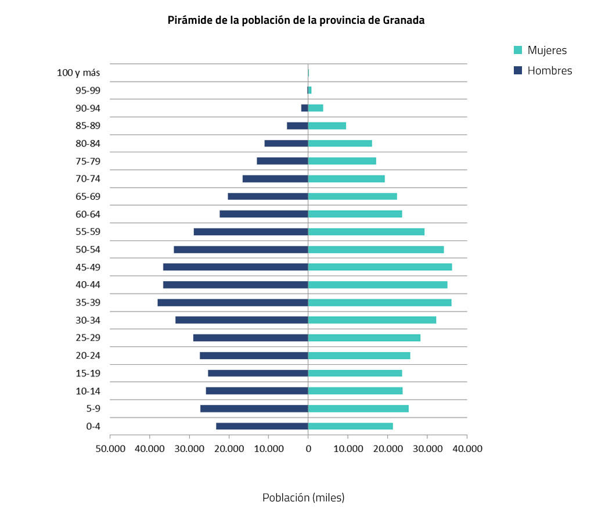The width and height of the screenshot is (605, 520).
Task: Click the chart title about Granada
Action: (296, 20)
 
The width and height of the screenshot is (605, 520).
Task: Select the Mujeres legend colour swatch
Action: (518, 50)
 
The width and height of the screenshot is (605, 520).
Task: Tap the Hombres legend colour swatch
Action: (518, 70)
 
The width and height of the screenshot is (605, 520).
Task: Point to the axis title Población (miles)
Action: (303, 498)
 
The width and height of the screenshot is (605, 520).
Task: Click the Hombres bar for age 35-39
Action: (232, 302)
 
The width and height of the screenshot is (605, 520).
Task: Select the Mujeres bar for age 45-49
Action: (380, 267)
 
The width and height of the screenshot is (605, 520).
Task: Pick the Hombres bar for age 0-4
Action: (262, 426)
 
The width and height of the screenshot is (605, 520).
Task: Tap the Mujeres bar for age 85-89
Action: (327, 125)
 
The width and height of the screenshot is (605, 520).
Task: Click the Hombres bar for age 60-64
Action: (264, 214)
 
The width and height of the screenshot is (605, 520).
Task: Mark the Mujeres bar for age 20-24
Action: (359, 356)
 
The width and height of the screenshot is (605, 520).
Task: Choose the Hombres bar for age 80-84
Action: (286, 144)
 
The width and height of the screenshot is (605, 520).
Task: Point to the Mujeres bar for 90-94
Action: (315, 108)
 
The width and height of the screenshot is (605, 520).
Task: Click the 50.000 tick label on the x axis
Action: (110, 448)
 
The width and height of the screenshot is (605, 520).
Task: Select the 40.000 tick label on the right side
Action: (467, 448)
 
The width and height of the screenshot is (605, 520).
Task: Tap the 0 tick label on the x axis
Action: (308, 448)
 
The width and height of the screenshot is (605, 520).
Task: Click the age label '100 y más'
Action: (78, 73)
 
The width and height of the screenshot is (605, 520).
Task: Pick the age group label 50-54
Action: (88, 249)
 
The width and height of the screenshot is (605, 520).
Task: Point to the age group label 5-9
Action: (92, 408)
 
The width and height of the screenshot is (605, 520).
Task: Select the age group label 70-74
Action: (88, 179)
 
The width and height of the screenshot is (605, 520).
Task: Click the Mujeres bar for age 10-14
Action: (355, 390)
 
